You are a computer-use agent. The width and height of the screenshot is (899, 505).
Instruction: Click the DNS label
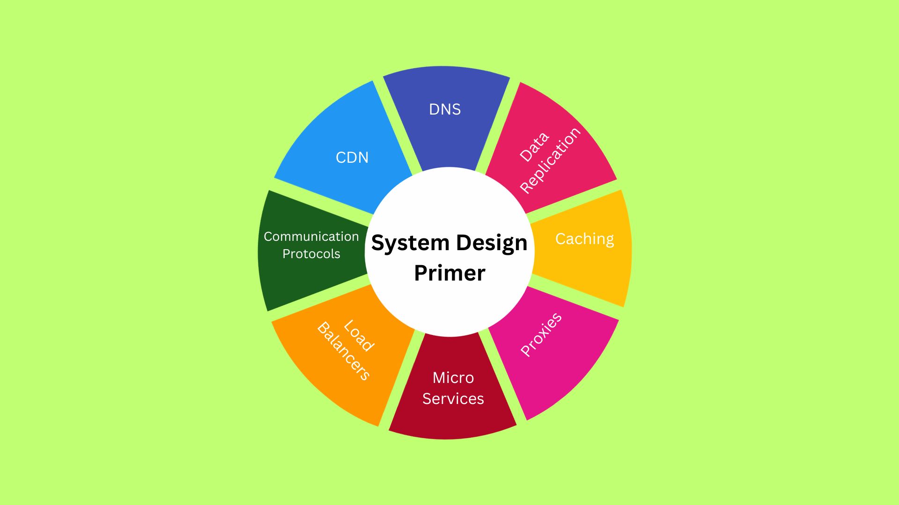click(x=445, y=109)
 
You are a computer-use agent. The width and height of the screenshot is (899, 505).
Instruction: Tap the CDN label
click(x=352, y=158)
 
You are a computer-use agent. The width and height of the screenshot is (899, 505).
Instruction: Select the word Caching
click(x=584, y=239)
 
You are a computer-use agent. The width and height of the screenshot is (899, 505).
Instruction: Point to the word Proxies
click(x=541, y=334)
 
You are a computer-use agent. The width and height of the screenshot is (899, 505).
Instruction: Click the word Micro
click(x=453, y=378)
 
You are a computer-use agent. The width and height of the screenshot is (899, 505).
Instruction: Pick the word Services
click(x=453, y=399)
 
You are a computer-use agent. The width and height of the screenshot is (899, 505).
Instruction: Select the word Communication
click(x=311, y=237)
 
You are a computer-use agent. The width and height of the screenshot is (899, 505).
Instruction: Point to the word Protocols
click(x=311, y=254)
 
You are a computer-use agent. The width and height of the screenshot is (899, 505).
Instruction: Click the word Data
click(x=534, y=147)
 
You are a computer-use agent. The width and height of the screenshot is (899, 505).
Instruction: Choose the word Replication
click(x=551, y=160)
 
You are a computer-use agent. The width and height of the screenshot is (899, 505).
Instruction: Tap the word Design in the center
click(x=491, y=243)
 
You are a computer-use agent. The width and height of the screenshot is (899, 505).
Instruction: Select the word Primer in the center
click(x=449, y=273)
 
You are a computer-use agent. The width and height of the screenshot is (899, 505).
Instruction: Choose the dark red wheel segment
click(x=452, y=421)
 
